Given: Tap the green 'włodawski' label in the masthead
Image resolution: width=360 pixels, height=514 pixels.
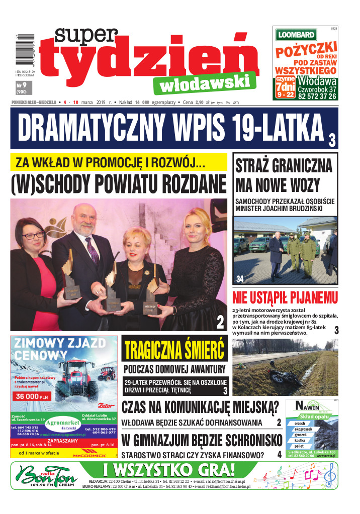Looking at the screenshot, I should [x=205, y=82].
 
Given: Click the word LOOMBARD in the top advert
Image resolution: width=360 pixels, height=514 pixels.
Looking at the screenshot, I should [x=296, y=35].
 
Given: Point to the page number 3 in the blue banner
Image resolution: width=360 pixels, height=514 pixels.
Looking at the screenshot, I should [x=332, y=140].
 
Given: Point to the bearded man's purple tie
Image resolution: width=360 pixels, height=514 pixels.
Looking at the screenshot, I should [x=92, y=251].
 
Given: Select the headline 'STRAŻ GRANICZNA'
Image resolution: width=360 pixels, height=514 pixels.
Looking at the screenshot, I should [x=283, y=166].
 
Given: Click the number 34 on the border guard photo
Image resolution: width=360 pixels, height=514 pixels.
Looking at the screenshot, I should [x=240, y=279].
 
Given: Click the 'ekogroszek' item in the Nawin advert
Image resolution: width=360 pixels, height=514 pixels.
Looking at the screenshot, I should [x=304, y=430].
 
